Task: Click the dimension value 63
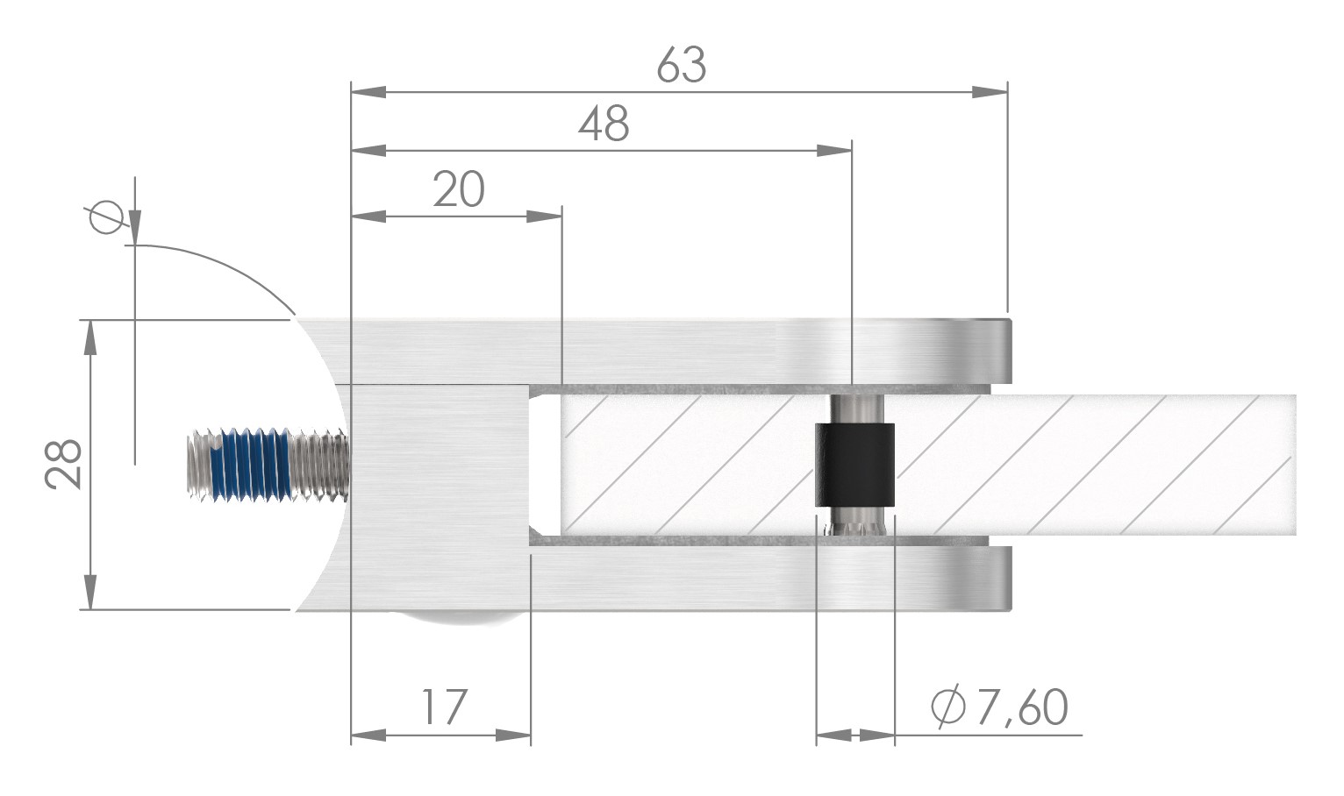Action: [681, 66]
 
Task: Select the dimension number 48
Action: [604, 124]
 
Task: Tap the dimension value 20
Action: [458, 189]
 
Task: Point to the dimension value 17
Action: [444, 707]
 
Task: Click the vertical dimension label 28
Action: [64, 464]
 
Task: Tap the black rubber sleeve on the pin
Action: [855, 465]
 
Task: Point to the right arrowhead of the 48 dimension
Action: [834, 151]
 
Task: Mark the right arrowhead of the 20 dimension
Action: [544, 216]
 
